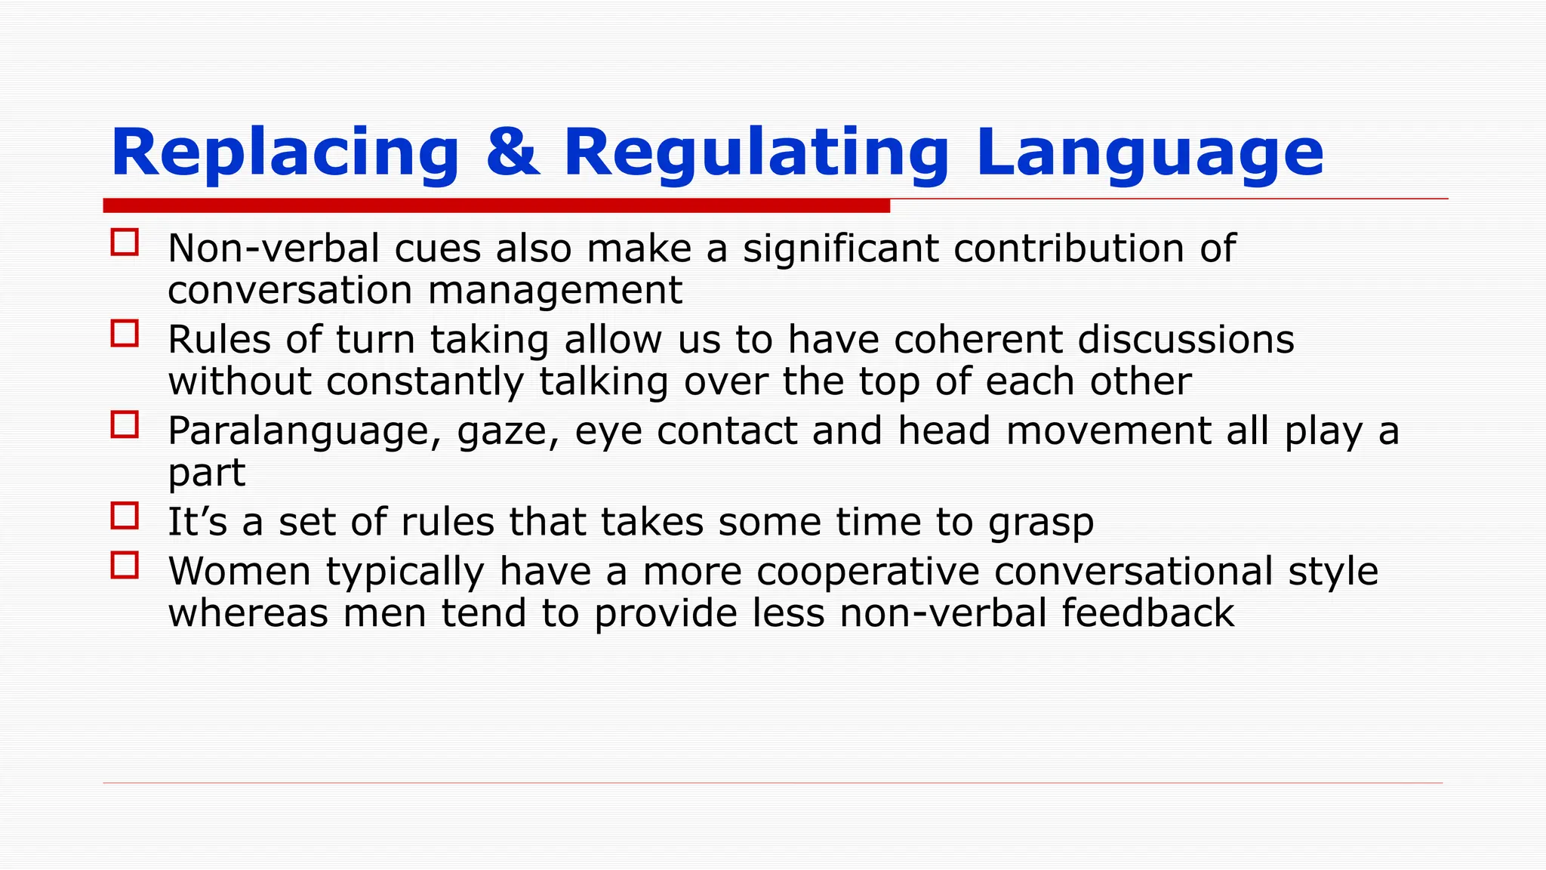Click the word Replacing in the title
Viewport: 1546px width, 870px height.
tap(285, 153)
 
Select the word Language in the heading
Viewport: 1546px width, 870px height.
tap(1149, 153)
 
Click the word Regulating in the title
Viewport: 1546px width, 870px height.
tap(756, 153)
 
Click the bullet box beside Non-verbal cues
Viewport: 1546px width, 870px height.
tap(125, 242)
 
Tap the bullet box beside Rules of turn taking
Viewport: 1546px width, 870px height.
tap(125, 333)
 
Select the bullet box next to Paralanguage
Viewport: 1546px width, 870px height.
tap(125, 424)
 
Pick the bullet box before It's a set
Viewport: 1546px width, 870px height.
tap(125, 516)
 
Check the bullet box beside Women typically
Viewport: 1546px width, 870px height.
tap(125, 565)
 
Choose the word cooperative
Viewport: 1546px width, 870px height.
tap(867, 572)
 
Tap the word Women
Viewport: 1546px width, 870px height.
tap(239, 571)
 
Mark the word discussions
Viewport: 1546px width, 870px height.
tap(1185, 340)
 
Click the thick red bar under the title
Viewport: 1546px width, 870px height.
tap(496, 205)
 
